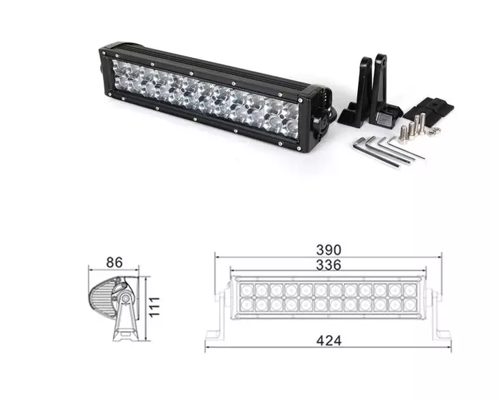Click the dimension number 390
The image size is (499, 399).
coord(328,249)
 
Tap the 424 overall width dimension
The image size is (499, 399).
coord(328,340)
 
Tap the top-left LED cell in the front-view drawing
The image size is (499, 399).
coord(247,290)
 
